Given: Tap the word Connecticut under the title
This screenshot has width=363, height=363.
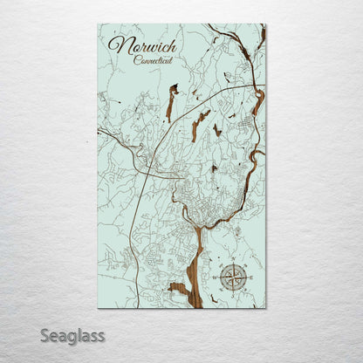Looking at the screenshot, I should [x=153, y=60].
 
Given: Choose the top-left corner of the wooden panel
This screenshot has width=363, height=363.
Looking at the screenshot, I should [x=98, y=24].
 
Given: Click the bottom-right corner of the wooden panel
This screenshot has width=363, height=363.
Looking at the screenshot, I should [x=265, y=308].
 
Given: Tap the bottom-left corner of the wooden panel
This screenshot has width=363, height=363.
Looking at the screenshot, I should [x=98, y=308].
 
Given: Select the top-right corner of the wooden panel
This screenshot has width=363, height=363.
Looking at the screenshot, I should [x=265, y=24].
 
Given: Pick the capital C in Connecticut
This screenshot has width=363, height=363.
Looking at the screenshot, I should [x=138, y=60].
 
